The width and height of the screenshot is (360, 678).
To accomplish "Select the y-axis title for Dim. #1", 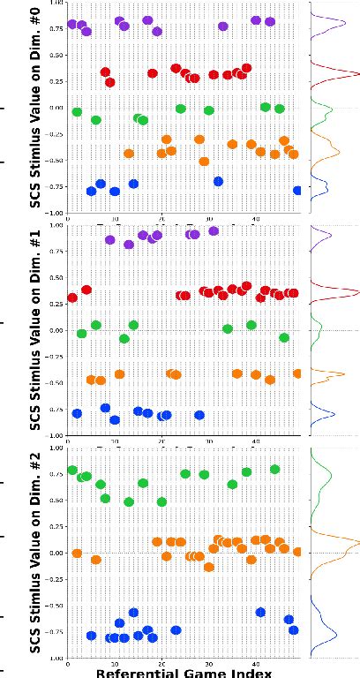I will [x=35, y=329].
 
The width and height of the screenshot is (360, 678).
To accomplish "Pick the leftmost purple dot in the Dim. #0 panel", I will [x=72, y=24].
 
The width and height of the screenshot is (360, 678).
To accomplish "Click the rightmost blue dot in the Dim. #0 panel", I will [x=298, y=190].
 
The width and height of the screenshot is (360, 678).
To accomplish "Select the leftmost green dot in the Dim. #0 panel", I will [x=77, y=112].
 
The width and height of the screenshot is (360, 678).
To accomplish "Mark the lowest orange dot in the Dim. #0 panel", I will [x=204, y=162].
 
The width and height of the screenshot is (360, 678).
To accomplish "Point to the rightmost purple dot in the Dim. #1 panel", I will [x=213, y=231].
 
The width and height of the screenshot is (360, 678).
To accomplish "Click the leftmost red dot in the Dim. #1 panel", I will [x=72, y=298].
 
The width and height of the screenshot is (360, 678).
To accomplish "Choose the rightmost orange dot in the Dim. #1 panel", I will [x=298, y=373].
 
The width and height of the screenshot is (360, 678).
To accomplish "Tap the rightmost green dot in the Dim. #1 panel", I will [x=284, y=337].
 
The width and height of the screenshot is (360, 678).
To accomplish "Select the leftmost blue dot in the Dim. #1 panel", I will [x=77, y=413].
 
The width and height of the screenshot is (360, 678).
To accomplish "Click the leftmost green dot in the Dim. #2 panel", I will [x=72, y=470].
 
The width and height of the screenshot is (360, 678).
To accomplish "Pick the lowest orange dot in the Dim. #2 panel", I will [x=209, y=567].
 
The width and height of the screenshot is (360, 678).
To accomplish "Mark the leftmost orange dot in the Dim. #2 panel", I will [x=77, y=554].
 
